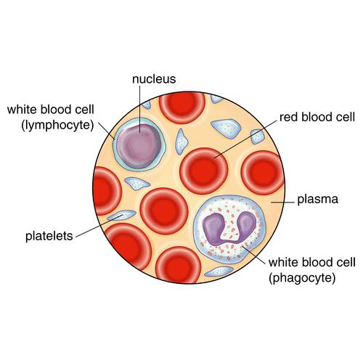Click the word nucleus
click(x=154, y=79)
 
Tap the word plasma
click(x=317, y=200)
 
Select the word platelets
click(x=49, y=236)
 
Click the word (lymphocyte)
click(x=57, y=126)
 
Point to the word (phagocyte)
click(x=302, y=278)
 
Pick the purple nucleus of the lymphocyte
click(x=139, y=146)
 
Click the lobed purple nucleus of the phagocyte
click(x=229, y=228)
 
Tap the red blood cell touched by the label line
click(x=204, y=171)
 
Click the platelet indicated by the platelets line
click(x=121, y=215)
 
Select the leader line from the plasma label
click(x=282, y=201)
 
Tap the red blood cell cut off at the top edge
click(x=182, y=107)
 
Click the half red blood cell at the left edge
click(x=107, y=190)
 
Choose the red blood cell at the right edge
click(x=263, y=173)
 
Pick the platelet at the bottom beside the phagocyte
click(x=219, y=271)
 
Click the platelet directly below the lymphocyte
click(x=137, y=184)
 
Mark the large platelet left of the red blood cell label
click(x=227, y=129)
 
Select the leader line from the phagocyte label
click(x=255, y=256)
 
